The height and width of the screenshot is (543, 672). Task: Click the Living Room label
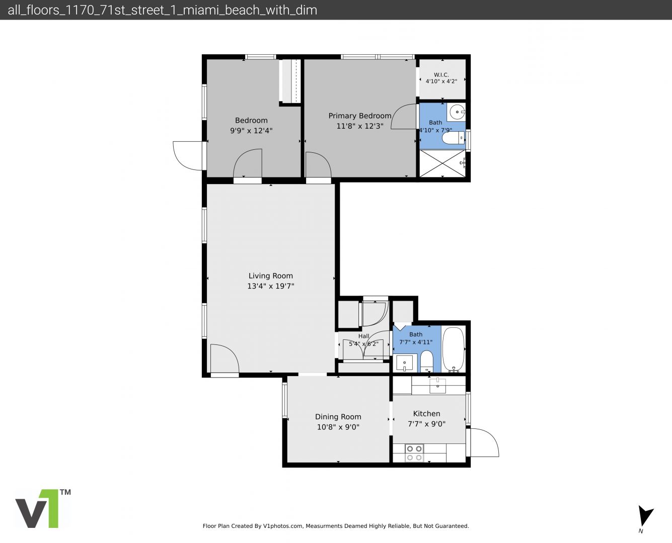[271, 276]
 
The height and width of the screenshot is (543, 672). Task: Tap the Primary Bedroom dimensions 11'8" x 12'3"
[360, 126]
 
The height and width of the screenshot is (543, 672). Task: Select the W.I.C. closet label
[441, 75]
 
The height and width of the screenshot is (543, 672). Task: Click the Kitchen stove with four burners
[414, 453]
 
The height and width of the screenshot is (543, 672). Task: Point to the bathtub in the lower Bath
[454, 349]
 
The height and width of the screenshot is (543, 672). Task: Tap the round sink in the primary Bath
[457, 112]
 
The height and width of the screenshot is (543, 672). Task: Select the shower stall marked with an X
[442, 163]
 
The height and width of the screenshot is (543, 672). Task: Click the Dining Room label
[338, 417]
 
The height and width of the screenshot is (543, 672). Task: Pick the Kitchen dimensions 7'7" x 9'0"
[426, 424]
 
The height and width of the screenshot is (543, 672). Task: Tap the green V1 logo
[43, 508]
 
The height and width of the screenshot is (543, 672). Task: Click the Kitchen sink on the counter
[438, 386]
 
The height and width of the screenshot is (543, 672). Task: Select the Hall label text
[364, 336]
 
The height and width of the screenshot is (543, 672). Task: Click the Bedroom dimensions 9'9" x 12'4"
[251, 131]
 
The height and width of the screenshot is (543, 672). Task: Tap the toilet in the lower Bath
[426, 361]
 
